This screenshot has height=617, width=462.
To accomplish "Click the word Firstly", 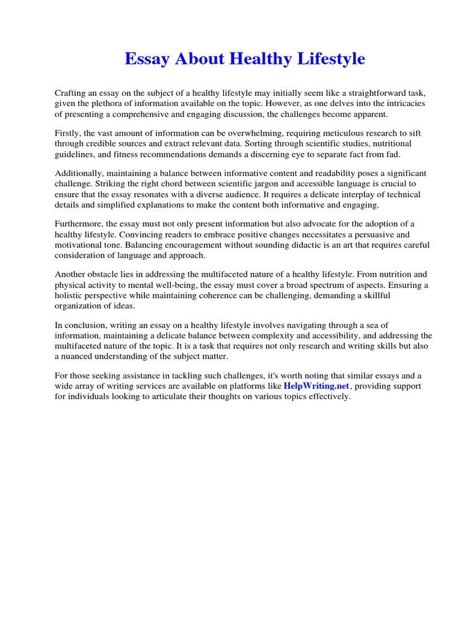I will (68, 134).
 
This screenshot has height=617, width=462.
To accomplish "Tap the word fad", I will (392, 154).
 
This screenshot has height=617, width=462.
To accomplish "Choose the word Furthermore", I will (78, 225).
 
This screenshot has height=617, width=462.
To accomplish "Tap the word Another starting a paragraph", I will (71, 275).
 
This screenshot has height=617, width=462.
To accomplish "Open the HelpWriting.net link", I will (316, 387).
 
